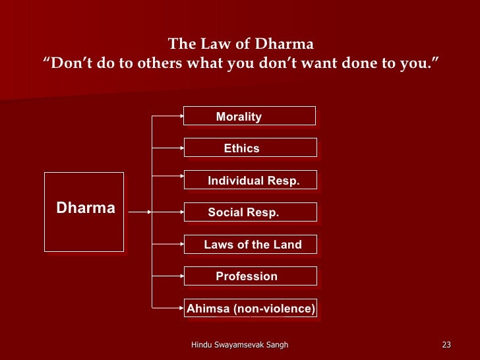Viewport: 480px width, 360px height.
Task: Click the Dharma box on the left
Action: (x=84, y=212)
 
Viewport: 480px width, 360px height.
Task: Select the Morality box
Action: (x=249, y=116)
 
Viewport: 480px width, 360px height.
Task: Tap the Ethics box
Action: (x=250, y=148)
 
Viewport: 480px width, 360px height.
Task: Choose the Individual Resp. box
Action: (x=250, y=180)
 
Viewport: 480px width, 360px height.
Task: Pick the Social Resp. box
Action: (x=250, y=212)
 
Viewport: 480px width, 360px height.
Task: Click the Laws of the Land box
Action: (x=250, y=244)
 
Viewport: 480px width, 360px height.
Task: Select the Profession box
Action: (x=250, y=276)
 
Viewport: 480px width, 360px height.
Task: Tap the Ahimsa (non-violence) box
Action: (x=250, y=308)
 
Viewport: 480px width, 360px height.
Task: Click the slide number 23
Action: (x=446, y=345)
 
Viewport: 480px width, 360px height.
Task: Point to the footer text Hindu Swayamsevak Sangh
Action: (x=239, y=345)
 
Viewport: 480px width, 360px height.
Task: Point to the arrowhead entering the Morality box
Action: (x=181, y=116)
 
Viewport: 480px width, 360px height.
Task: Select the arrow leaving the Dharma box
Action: (x=138, y=212)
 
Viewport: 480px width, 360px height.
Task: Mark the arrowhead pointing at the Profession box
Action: (x=181, y=276)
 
